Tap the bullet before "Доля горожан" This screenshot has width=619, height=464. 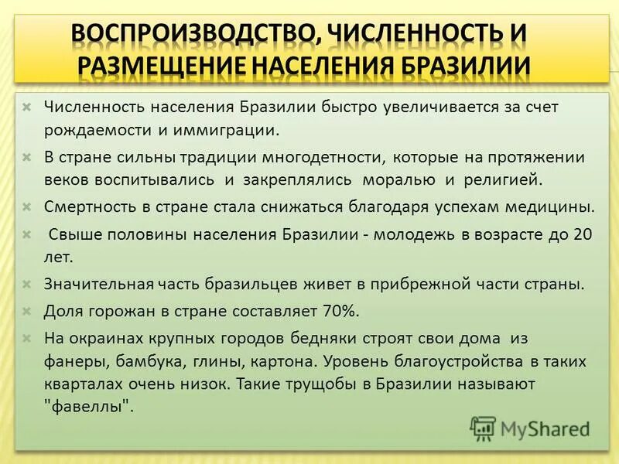pyautogui.click(x=27, y=311)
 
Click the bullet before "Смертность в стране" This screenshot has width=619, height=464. pyautogui.click(x=27, y=207)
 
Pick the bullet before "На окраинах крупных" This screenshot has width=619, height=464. pyautogui.click(x=27, y=339)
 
